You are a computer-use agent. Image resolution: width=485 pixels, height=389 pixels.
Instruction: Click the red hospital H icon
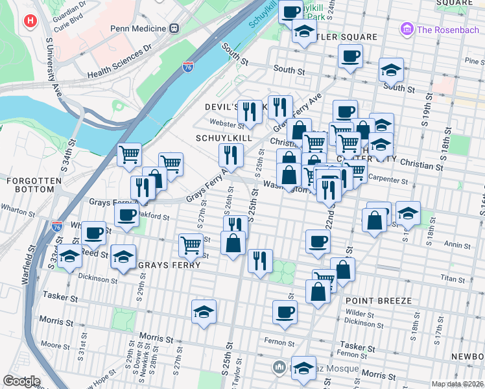pos(29,21)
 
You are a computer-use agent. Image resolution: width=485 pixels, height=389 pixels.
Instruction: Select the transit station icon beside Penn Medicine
pos(174,29)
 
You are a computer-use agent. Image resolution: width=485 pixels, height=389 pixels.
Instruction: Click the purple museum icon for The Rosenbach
pos(407,29)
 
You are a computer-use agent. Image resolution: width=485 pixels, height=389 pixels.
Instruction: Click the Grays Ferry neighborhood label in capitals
pos(163,265)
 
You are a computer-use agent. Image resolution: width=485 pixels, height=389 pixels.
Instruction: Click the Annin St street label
pos(458,245)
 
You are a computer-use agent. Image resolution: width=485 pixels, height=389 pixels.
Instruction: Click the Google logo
pos(21,381)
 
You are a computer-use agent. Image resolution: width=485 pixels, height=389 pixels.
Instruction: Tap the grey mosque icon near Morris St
pos(279,368)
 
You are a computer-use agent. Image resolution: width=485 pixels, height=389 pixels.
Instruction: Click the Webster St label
pos(224,123)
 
